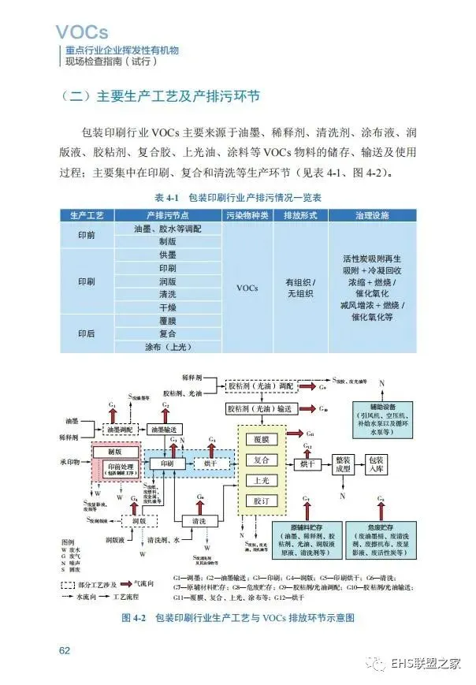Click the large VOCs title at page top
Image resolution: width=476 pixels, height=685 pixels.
(82, 32)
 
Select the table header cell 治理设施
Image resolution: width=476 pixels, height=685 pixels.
(369, 215)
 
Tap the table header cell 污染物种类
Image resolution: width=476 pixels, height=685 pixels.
(247, 215)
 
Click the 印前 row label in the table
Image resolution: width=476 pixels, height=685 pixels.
(87, 234)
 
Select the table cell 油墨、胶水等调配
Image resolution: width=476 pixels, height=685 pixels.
(168, 228)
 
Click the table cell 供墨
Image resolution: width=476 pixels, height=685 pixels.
(168, 255)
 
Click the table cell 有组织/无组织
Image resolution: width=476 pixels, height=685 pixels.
(300, 288)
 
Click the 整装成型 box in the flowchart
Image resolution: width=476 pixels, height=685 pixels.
(343, 464)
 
